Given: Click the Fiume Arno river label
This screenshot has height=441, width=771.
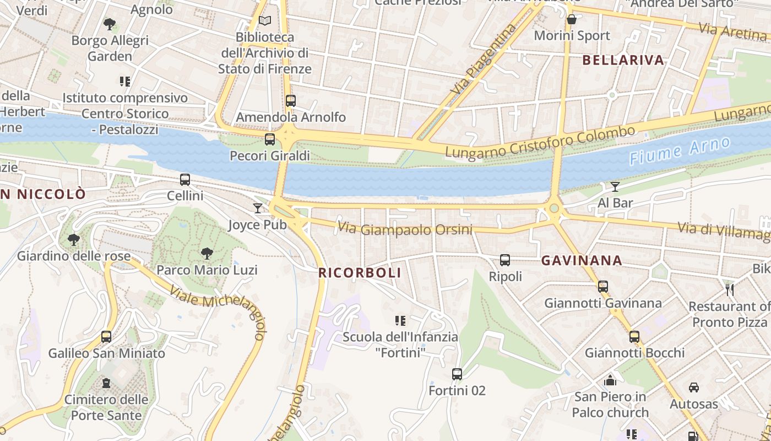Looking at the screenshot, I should (x=680, y=151).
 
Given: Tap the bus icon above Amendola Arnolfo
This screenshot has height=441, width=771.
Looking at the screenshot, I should (x=290, y=101).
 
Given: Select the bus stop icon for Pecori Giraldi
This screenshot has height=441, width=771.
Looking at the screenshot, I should (x=269, y=139).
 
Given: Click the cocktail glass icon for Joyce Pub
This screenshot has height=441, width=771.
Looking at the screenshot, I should (x=257, y=208).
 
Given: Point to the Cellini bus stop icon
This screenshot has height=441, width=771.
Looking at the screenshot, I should (x=185, y=180).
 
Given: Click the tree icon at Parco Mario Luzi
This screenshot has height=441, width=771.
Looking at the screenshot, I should (x=207, y=254).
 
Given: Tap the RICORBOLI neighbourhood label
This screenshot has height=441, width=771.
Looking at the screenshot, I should (x=360, y=273).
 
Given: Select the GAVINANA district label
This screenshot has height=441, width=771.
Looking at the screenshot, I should (x=582, y=261).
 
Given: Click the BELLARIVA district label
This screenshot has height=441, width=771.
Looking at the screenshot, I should (x=623, y=61).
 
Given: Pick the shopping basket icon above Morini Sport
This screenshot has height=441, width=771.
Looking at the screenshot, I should (x=572, y=19).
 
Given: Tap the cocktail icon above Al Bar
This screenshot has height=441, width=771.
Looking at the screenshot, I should (x=615, y=187).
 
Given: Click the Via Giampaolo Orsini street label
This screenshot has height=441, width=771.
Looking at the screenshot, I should (x=405, y=228).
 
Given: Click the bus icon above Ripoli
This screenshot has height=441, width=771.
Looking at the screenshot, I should (x=505, y=260).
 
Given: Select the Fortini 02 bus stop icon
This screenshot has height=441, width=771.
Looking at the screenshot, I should (x=457, y=374).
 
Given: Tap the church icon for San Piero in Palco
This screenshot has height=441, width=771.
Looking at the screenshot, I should (x=610, y=380).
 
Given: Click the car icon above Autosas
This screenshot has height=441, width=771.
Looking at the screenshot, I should (x=694, y=388).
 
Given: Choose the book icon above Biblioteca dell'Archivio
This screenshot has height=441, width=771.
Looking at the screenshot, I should (x=265, y=21).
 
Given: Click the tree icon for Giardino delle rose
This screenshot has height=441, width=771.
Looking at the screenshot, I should (x=73, y=240).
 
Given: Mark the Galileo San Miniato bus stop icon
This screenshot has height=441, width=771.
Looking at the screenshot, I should (x=106, y=337).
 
